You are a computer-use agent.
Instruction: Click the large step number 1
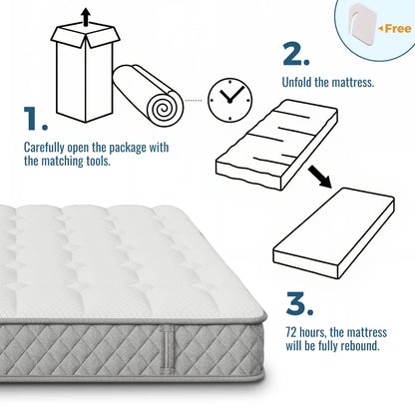(32, 118)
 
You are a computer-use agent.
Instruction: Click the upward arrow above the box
(86, 17)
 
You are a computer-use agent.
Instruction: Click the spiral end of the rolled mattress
(166, 110)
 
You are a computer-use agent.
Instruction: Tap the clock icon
(229, 100)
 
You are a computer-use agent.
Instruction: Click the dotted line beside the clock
(194, 100)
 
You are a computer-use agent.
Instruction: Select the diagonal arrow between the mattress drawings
(319, 177)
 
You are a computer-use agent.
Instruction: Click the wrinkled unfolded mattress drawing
(276, 144)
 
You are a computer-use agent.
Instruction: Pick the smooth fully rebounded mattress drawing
(333, 232)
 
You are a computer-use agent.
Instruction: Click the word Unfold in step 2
(297, 82)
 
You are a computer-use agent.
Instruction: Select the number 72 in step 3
(291, 332)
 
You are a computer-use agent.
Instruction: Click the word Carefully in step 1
(44, 148)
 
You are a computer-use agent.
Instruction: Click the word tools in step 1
(98, 161)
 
